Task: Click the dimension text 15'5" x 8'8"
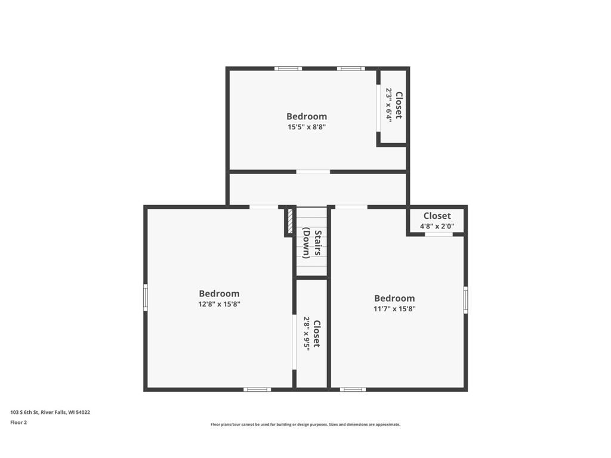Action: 307,127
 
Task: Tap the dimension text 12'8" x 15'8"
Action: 219,304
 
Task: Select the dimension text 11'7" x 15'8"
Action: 394,309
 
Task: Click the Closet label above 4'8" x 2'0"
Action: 437,216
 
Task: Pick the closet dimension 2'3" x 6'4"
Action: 388,105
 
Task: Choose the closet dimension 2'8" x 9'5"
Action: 307,334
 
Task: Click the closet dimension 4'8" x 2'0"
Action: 437,226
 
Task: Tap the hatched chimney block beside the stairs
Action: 289,222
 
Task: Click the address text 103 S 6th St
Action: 24,412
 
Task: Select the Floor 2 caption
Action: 18,422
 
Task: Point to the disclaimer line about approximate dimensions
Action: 305,425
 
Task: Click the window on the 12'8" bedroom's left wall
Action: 146,297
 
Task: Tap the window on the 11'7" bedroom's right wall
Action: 465,299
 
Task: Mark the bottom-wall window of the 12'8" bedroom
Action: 257,389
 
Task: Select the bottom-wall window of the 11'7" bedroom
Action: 353,389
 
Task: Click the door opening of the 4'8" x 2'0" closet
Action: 439,234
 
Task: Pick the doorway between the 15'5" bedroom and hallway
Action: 313,172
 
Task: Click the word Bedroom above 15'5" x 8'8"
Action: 307,116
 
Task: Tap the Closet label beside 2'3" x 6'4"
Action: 399,105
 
